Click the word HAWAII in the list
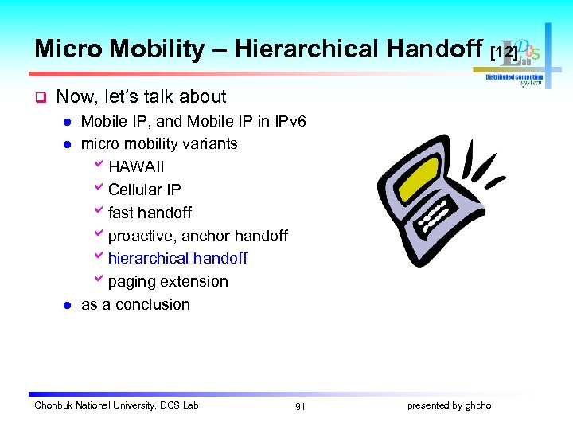click(x=136, y=167)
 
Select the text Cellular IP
click(x=144, y=190)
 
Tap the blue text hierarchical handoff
click(x=177, y=259)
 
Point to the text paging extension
click(x=168, y=282)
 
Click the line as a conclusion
click(x=135, y=305)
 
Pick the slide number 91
click(x=300, y=406)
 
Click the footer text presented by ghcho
click(x=449, y=405)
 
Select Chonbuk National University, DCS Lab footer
click(x=116, y=405)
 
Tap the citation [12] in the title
click(x=505, y=53)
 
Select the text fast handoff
click(x=150, y=213)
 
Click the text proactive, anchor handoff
click(x=197, y=236)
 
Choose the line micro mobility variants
click(x=159, y=144)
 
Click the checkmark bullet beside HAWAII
click(x=99, y=166)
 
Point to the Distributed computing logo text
click(x=514, y=77)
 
